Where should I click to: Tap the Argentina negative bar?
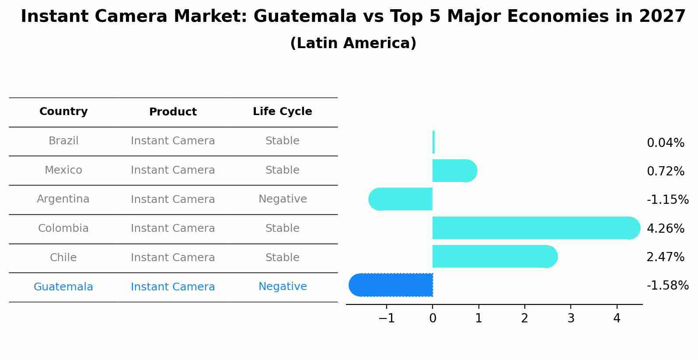[x=401, y=199]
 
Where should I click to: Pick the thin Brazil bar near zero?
[x=433, y=142]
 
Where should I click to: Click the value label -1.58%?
[x=667, y=286]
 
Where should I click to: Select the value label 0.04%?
[x=665, y=143]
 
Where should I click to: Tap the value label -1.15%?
[x=667, y=200]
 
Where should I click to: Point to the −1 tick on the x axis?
[x=387, y=318]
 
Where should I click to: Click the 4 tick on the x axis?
[x=617, y=318]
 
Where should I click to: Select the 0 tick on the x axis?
[x=433, y=318]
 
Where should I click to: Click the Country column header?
[x=63, y=112]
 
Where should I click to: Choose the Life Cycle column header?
[x=283, y=112]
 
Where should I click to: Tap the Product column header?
[x=173, y=112]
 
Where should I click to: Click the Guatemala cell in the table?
[x=63, y=287]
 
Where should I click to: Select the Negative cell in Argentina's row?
[x=283, y=199]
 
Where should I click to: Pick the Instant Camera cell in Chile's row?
[x=173, y=258]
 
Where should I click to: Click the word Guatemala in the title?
[x=305, y=17]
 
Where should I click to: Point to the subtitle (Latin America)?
[x=353, y=43]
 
